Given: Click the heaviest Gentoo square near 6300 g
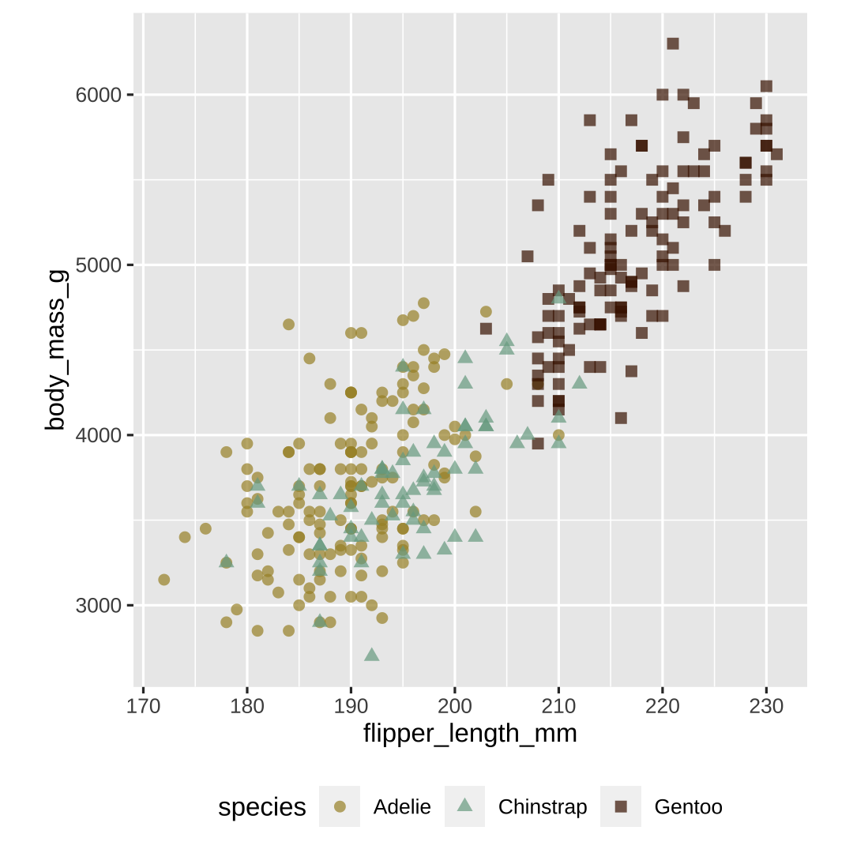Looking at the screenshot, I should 673,43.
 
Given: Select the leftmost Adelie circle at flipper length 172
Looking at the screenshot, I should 164,580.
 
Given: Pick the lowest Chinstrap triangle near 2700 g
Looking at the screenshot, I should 372,655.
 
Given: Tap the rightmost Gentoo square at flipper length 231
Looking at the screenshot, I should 776,154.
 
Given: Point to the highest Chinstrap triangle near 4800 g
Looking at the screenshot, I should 559,298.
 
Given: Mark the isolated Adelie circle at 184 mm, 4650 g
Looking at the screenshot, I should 288,325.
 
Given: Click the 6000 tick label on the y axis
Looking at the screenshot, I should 99,95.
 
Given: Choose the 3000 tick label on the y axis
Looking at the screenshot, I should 99,606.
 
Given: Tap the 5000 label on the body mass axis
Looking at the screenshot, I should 99,265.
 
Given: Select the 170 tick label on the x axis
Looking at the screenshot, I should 143,705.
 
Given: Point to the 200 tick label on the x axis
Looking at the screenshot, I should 455,705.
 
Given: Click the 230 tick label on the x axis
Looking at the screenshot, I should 766,705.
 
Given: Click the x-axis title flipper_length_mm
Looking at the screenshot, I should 470,734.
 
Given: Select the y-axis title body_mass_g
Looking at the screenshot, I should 56,350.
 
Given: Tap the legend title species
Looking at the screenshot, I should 262,806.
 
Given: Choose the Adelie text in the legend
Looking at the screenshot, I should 402,806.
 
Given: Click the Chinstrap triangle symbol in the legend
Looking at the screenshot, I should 465,806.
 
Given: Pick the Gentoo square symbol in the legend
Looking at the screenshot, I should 621,806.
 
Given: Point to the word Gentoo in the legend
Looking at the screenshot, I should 688,806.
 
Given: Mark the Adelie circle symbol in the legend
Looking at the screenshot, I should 340,806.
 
